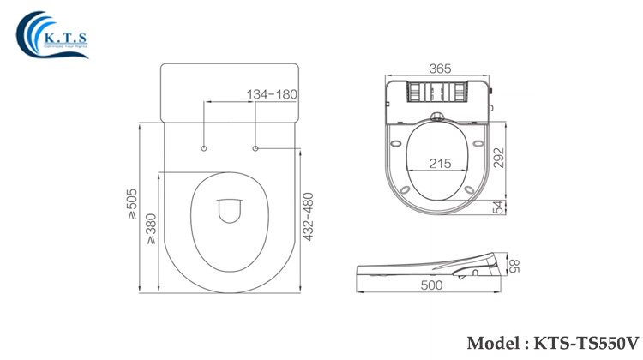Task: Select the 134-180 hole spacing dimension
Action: coord(273,93)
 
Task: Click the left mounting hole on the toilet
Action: coord(204,149)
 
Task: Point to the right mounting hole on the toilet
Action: coord(256,149)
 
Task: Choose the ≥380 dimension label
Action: coord(150,228)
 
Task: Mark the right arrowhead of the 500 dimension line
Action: coord(499,279)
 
